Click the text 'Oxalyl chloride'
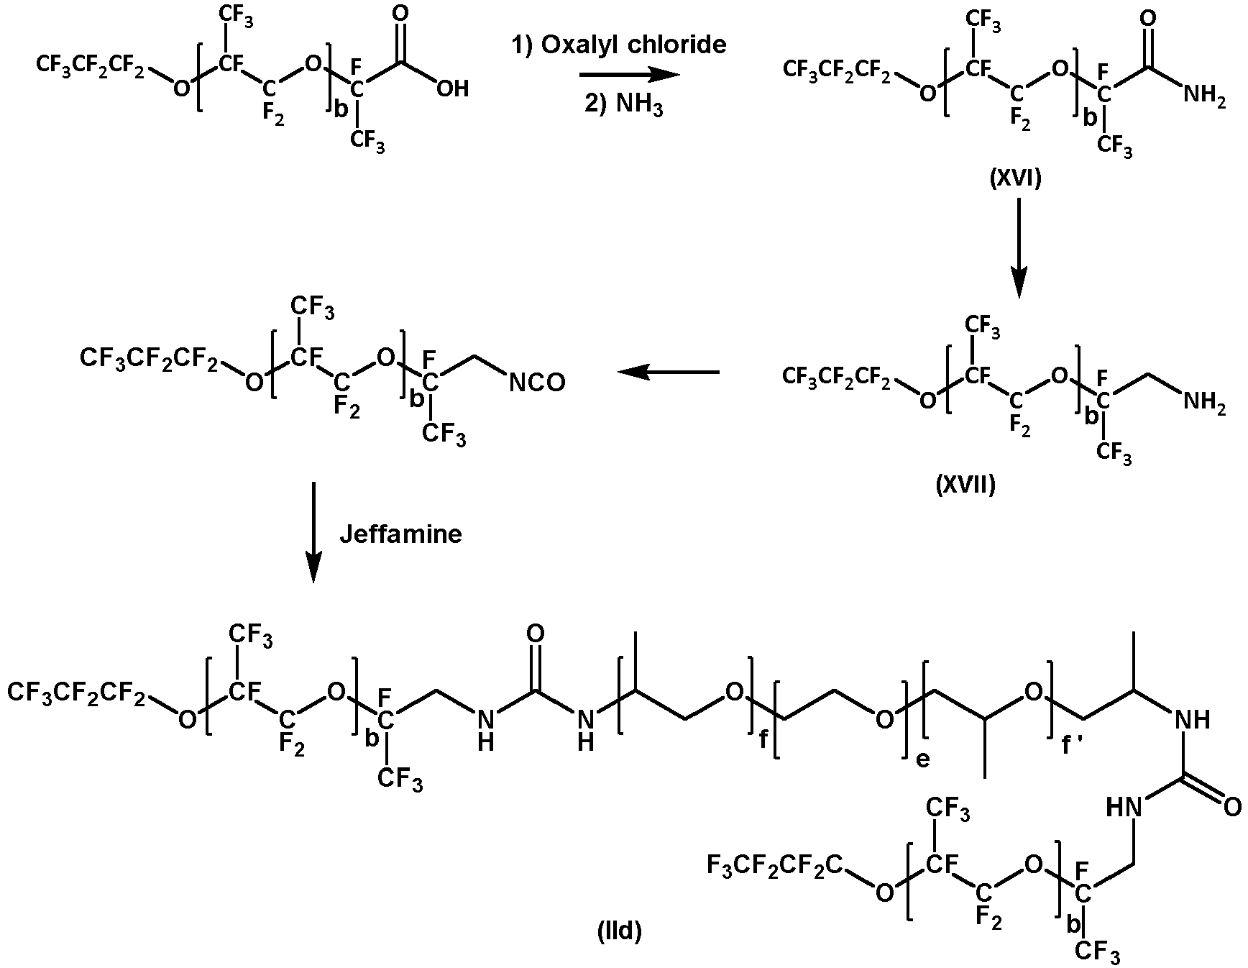tap(633, 45)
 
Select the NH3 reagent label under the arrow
tap(633, 108)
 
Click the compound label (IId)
tap(620, 932)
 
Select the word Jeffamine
tap(400, 534)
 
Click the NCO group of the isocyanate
tap(537, 383)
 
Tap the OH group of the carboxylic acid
tap(452, 88)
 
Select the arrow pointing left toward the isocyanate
tap(668, 372)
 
